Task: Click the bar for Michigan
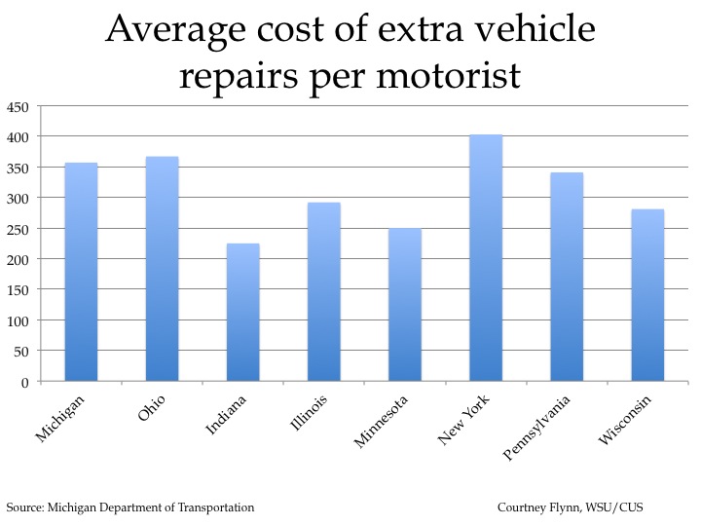pyautogui.click(x=81, y=272)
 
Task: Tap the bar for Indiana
pyautogui.click(x=242, y=312)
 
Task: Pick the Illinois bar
pyautogui.click(x=323, y=291)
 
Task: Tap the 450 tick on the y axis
pyautogui.click(x=18, y=106)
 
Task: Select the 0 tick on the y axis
pyautogui.click(x=25, y=382)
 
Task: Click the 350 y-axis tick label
pyautogui.click(x=18, y=168)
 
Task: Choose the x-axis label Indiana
pyautogui.click(x=226, y=418)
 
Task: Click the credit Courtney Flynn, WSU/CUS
pyautogui.click(x=570, y=507)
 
